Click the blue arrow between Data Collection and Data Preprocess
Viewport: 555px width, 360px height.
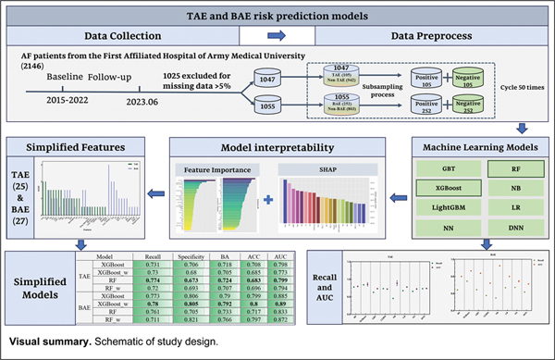click(275, 36)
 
